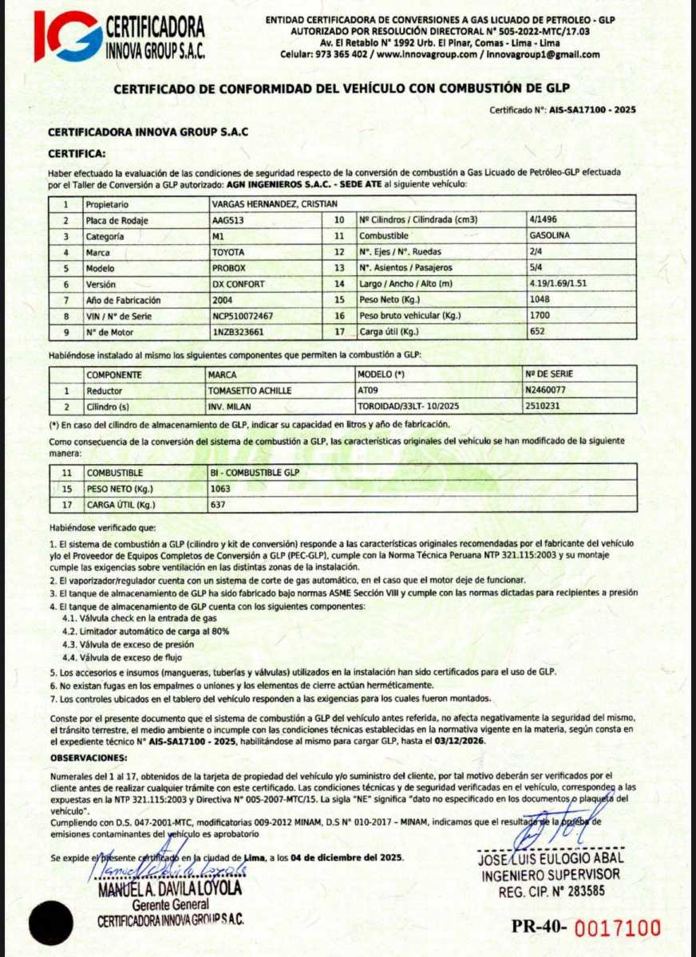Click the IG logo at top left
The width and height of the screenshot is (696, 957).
click(x=67, y=35)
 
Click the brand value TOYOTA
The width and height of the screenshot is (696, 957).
click(x=228, y=252)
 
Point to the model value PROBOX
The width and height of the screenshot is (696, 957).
click(x=229, y=268)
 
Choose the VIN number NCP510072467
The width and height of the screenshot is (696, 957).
click(x=243, y=316)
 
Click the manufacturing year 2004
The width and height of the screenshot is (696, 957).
click(x=223, y=300)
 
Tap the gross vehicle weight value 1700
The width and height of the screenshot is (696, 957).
click(x=540, y=316)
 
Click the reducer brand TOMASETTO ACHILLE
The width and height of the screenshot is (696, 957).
click(x=249, y=391)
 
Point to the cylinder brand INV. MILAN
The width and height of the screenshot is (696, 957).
click(x=231, y=406)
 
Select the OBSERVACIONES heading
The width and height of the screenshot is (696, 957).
click(x=88, y=756)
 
